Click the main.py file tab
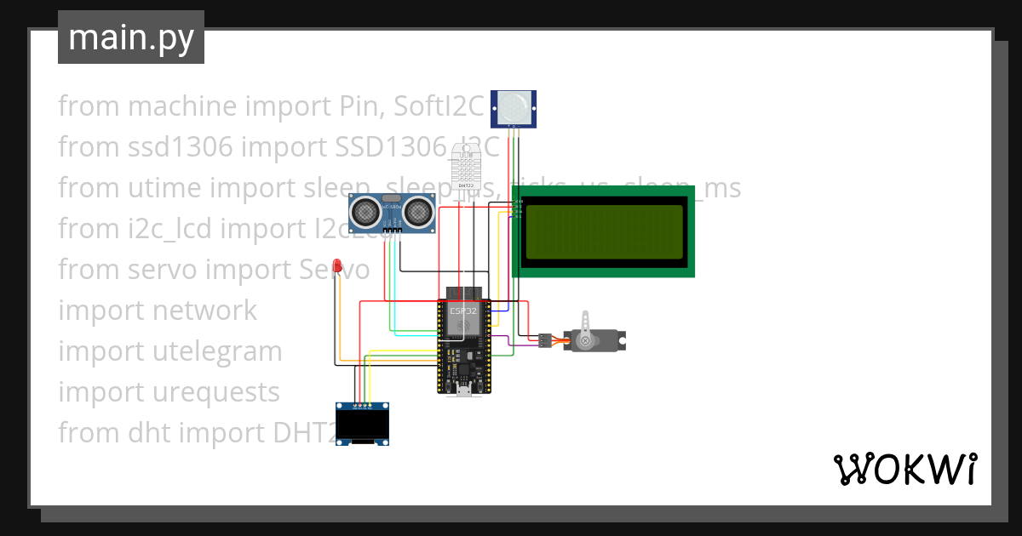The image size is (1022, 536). pos(131,38)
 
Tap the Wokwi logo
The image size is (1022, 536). pos(904,469)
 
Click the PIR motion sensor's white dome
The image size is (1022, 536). pos(514,106)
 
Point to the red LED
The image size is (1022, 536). pos(338,266)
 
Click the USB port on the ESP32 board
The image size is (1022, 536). pos(464,390)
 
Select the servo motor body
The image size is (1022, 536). pos(596,340)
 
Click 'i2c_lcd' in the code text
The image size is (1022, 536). pos(178,228)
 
